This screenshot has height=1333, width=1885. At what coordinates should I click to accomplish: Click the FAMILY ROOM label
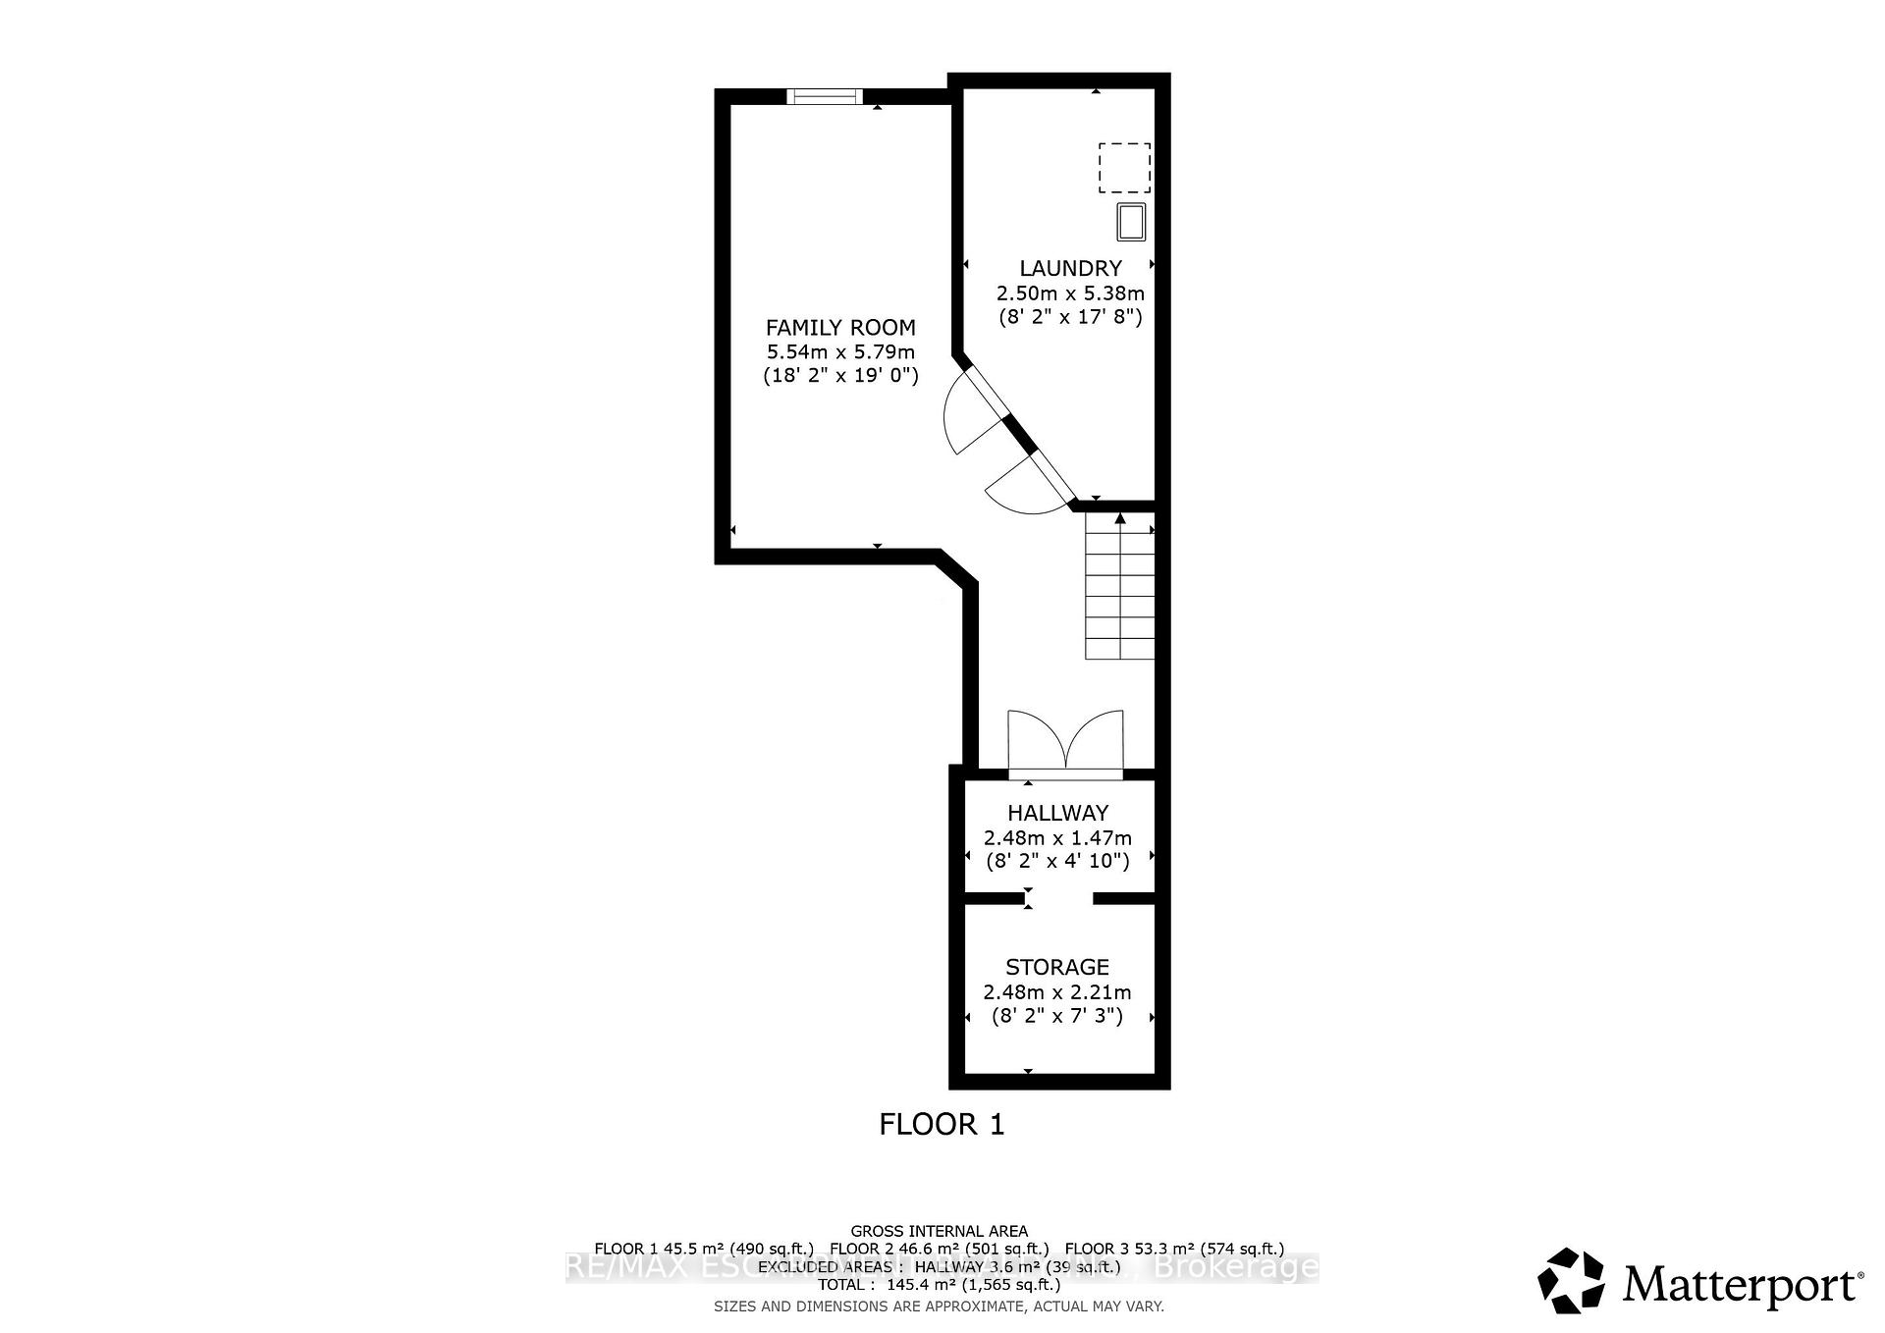pyautogui.click(x=840, y=328)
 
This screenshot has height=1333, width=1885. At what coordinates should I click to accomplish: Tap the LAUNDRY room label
pyautogui.click(x=1070, y=268)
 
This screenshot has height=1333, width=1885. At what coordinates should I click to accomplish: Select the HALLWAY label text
pyautogui.click(x=1057, y=813)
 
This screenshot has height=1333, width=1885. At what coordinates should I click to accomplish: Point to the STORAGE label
pyautogui.click(x=1057, y=967)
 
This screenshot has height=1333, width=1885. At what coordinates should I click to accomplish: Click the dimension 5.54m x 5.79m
pyautogui.click(x=840, y=351)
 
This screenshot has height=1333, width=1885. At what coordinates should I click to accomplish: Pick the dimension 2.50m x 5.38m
pyautogui.click(x=1070, y=293)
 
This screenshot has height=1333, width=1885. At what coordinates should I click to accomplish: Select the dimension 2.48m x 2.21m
pyautogui.click(x=1057, y=992)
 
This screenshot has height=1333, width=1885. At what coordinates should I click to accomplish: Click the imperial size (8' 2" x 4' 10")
pyautogui.click(x=1057, y=861)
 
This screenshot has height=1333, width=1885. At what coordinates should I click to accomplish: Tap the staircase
pyautogui.click(x=1119, y=589)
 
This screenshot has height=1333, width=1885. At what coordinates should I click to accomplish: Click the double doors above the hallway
pyautogui.click(x=1065, y=744)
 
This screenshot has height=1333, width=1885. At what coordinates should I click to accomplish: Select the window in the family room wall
pyautogui.click(x=825, y=95)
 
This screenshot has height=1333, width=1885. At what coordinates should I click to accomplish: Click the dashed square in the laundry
pyautogui.click(x=1124, y=168)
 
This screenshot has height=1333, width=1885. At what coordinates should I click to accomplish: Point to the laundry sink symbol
pyautogui.click(x=1131, y=222)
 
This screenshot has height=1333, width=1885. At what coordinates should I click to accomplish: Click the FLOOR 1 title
pyautogui.click(x=942, y=1124)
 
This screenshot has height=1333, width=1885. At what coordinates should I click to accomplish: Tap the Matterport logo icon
pyautogui.click(x=1571, y=1280)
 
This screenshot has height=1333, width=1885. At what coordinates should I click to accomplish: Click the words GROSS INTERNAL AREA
pyautogui.click(x=939, y=1231)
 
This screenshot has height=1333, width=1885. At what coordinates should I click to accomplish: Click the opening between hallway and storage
pyautogui.click(x=1060, y=898)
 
